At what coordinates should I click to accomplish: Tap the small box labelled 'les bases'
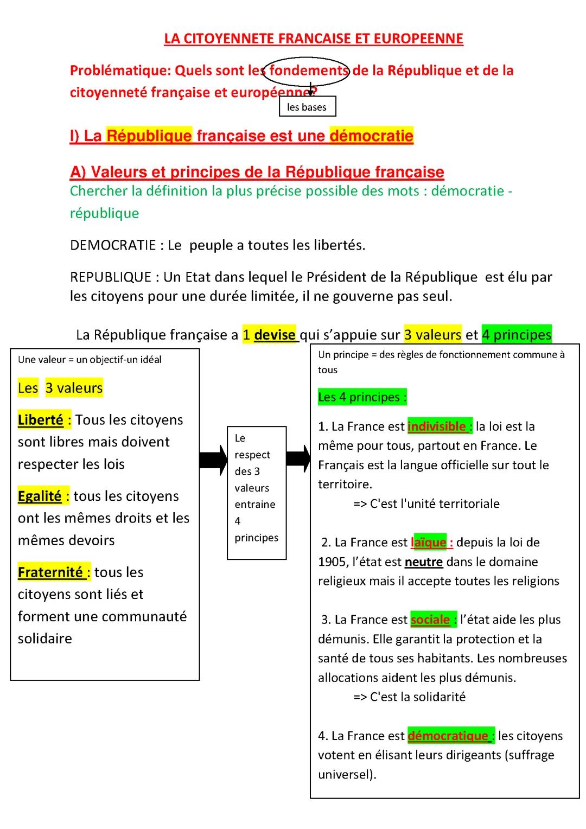307,107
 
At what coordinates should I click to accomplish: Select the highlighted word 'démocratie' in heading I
371,136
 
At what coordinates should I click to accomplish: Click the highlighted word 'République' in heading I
149,136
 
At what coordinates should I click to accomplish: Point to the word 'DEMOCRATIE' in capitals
113,245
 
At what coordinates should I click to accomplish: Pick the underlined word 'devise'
275,335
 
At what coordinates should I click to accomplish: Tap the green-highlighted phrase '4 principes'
516,335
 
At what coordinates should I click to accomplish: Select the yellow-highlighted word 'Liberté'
41,420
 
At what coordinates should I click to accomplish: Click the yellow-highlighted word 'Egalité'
40,496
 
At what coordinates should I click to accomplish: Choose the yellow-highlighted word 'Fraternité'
50,572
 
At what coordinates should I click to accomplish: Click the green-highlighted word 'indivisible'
437,426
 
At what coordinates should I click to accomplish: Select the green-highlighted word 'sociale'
430,620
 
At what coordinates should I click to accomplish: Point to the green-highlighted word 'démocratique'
448,736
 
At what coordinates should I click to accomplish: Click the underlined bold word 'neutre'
424,562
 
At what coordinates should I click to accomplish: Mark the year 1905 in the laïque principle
332,562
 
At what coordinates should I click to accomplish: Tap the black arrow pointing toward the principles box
298,459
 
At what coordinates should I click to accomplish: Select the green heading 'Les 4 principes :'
362,397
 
